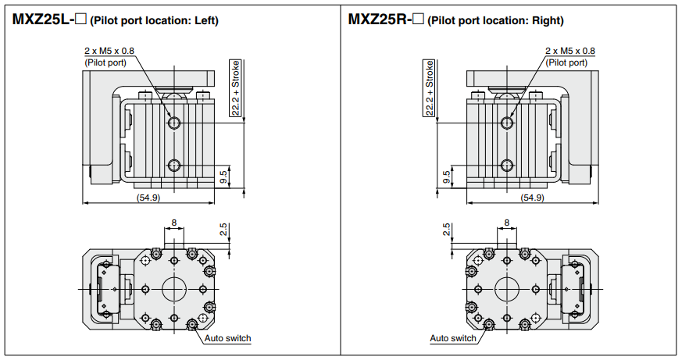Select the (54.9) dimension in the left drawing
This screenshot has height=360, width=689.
(x=148, y=198)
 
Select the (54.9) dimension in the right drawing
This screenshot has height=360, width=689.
(x=532, y=198)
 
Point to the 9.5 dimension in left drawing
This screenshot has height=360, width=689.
(x=224, y=177)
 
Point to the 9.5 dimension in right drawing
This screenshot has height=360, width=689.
(x=446, y=177)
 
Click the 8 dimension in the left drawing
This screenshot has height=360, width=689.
(x=174, y=223)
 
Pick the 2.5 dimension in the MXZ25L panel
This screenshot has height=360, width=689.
(x=223, y=230)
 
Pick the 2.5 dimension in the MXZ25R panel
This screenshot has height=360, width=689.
(x=447, y=230)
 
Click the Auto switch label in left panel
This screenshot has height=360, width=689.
(x=227, y=338)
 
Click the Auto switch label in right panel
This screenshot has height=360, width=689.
(x=453, y=338)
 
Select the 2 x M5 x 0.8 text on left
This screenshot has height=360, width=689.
(x=109, y=51)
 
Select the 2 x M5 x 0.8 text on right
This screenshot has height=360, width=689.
(x=570, y=51)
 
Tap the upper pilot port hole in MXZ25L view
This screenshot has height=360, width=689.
(x=173, y=123)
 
